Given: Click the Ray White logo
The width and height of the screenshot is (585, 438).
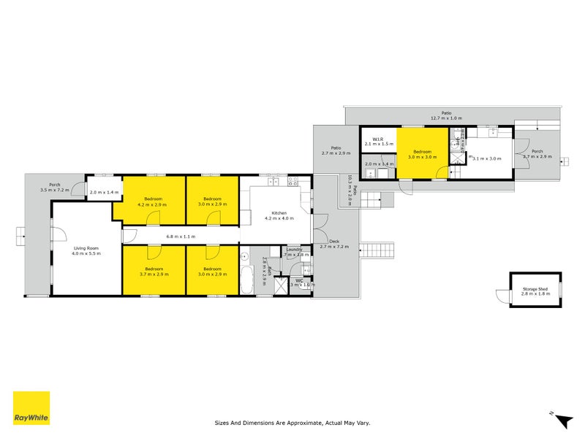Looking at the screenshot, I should click(31, 408).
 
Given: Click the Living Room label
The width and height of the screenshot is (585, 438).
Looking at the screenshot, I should click(86, 250).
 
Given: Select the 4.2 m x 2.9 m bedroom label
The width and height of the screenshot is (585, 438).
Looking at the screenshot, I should click(154, 202).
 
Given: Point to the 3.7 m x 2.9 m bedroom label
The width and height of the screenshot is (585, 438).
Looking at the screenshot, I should click(154, 272).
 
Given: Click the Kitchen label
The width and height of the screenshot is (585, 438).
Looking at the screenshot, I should click(278, 215).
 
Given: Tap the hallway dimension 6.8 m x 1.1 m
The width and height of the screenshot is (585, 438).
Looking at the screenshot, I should click(181, 236).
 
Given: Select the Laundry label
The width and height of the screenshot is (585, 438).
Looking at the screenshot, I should click(295, 251).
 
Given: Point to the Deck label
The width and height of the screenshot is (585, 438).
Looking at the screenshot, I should click(335, 244).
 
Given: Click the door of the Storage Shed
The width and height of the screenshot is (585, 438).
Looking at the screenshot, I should click(502, 296).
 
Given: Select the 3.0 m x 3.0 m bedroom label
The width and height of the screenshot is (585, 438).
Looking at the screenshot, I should click(422, 153).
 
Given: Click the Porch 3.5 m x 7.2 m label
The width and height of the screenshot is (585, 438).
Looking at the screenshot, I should click(54, 187).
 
